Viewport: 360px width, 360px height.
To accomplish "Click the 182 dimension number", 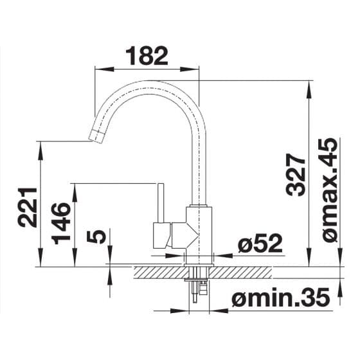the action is (147, 55).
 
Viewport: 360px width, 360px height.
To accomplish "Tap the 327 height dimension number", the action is (296, 175).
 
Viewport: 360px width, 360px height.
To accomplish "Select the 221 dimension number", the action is (28, 207).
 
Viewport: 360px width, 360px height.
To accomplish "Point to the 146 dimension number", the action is (61, 224).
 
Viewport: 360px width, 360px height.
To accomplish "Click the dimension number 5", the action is (96, 236).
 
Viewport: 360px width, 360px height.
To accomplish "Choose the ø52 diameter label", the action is (260, 244).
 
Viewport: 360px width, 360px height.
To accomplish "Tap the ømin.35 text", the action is (280, 298).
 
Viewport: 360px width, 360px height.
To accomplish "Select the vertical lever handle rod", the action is (161, 203).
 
